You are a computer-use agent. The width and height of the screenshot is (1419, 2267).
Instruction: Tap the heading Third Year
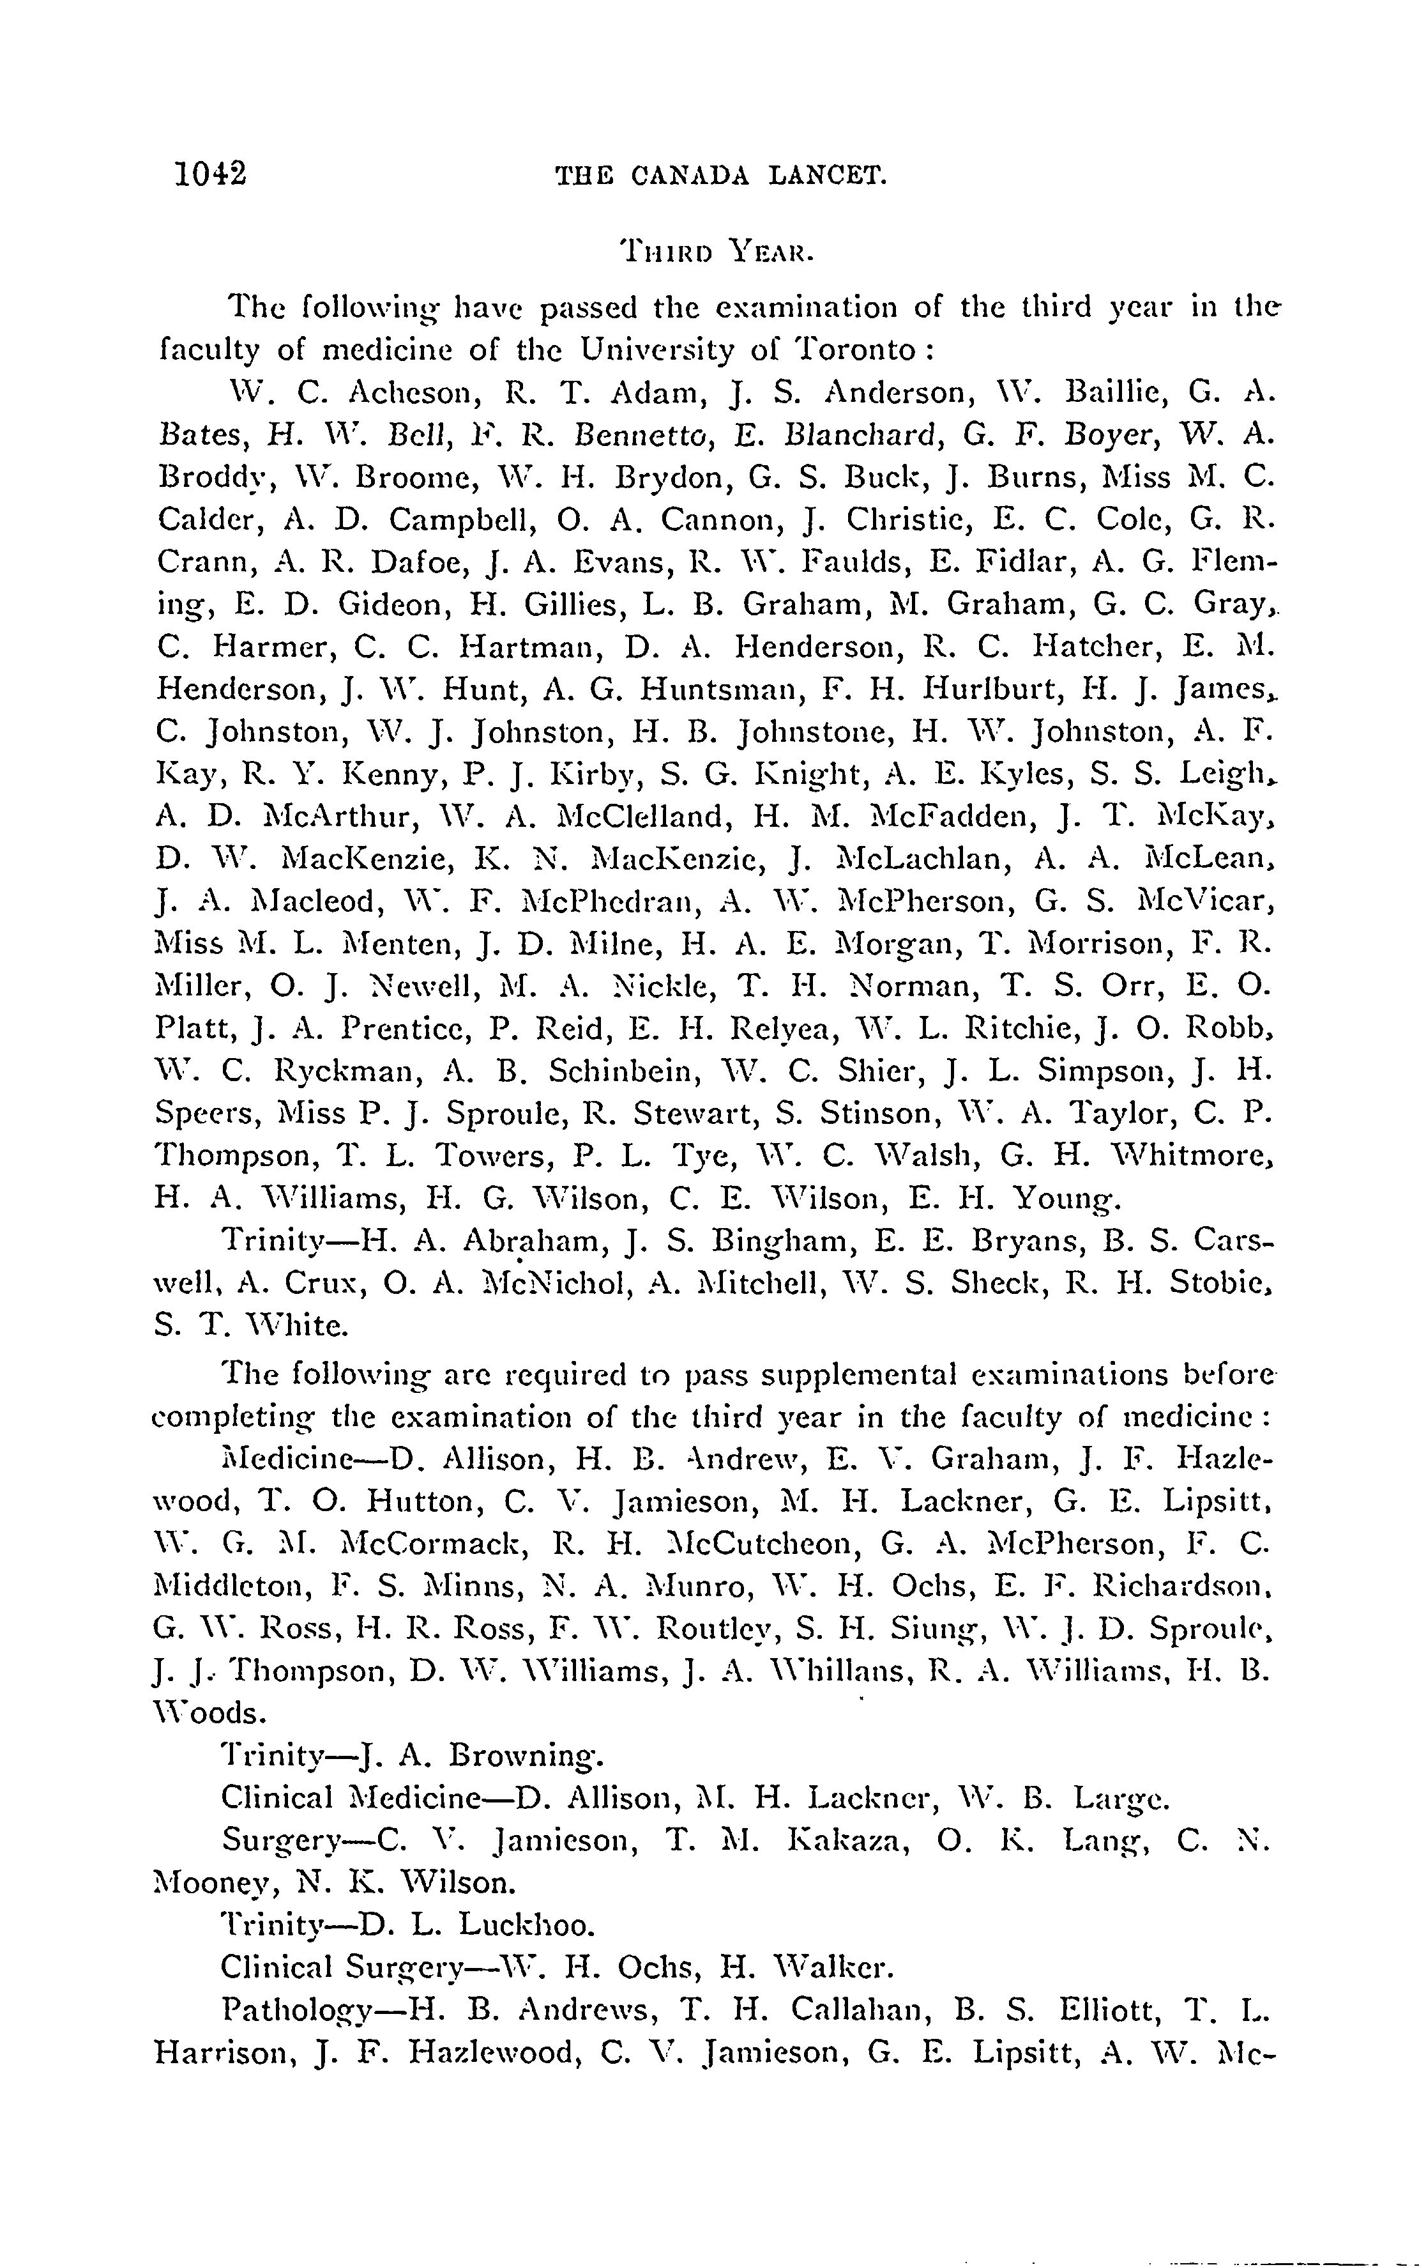tap(714, 252)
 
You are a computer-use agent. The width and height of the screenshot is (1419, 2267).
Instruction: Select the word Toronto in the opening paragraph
tap(855, 350)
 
